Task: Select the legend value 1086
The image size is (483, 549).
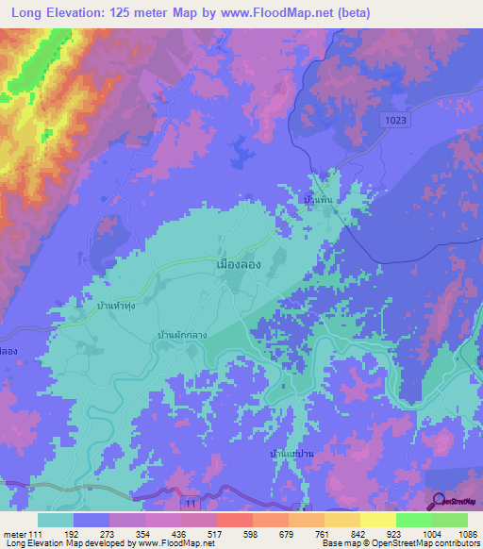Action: point(457,534)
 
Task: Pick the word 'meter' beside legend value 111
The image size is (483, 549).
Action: point(15,534)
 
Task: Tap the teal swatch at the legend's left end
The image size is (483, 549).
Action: point(56,520)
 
